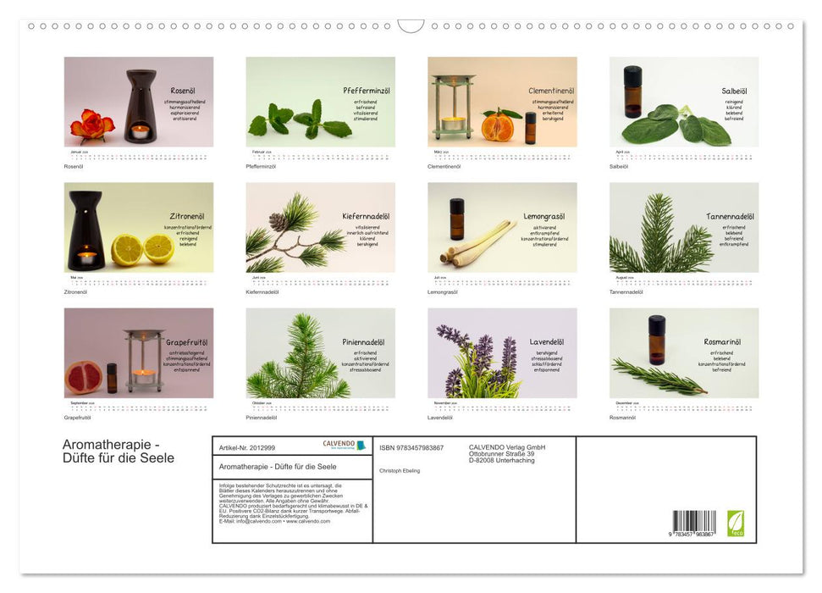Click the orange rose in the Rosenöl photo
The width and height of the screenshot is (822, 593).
(x=91, y=125)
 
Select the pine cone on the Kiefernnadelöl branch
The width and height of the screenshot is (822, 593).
(x=278, y=222)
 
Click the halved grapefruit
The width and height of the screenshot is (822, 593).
(x=83, y=377)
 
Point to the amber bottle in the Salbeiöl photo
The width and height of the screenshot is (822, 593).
(x=632, y=91)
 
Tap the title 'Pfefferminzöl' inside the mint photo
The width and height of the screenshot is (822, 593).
(x=366, y=91)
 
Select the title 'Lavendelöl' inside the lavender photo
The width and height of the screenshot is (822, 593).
(x=547, y=342)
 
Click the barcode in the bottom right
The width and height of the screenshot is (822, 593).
(x=693, y=521)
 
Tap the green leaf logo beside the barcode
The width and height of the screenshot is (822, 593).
(x=734, y=521)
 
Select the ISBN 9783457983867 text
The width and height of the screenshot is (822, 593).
(x=411, y=447)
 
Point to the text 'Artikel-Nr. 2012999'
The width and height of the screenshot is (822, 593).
(x=247, y=447)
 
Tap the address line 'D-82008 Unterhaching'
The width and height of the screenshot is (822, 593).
(x=503, y=460)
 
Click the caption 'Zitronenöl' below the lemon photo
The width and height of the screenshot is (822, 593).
(x=76, y=291)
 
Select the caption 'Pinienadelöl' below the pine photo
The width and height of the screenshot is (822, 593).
(x=262, y=418)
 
